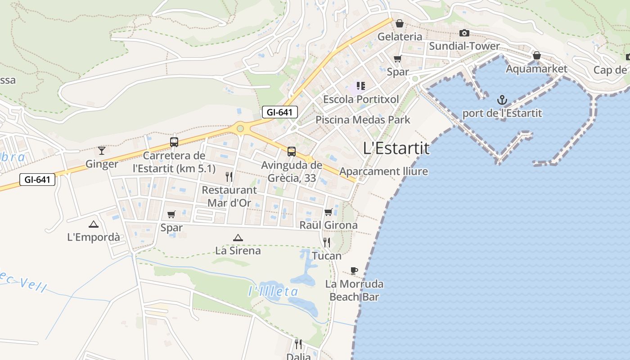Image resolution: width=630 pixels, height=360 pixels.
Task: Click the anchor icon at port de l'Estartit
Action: (x=502, y=99)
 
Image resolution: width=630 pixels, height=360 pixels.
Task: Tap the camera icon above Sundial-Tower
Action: (x=464, y=33)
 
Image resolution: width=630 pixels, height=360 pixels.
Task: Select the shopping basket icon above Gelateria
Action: (x=399, y=23)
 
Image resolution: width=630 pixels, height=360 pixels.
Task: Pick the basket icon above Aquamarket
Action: (x=536, y=55)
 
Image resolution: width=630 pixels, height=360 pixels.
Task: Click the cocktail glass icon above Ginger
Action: (x=102, y=150)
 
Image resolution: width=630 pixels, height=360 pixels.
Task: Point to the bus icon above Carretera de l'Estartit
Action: (x=174, y=142)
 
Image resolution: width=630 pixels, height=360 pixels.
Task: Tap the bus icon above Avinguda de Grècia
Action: (x=292, y=151)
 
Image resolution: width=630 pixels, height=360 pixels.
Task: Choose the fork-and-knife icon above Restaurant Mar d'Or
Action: (x=229, y=176)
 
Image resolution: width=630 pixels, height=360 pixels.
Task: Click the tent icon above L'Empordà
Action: (x=93, y=224)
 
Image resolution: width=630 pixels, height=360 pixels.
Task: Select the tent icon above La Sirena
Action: (x=238, y=238)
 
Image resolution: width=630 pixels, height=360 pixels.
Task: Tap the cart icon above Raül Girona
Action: (x=328, y=212)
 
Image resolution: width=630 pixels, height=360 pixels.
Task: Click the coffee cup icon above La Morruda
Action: (x=354, y=270)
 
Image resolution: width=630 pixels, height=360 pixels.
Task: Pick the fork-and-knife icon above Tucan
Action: (x=327, y=242)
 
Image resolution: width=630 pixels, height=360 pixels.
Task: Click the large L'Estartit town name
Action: (x=396, y=148)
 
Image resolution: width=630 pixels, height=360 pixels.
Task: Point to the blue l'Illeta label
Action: (x=273, y=292)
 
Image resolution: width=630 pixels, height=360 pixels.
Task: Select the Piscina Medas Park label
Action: (x=363, y=120)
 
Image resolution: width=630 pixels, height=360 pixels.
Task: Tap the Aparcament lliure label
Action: (x=383, y=171)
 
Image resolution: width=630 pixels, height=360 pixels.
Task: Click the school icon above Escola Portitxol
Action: (x=360, y=85)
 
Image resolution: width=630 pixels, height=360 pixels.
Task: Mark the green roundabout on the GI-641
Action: (x=240, y=129)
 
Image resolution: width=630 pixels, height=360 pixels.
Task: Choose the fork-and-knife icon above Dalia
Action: (x=298, y=344)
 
